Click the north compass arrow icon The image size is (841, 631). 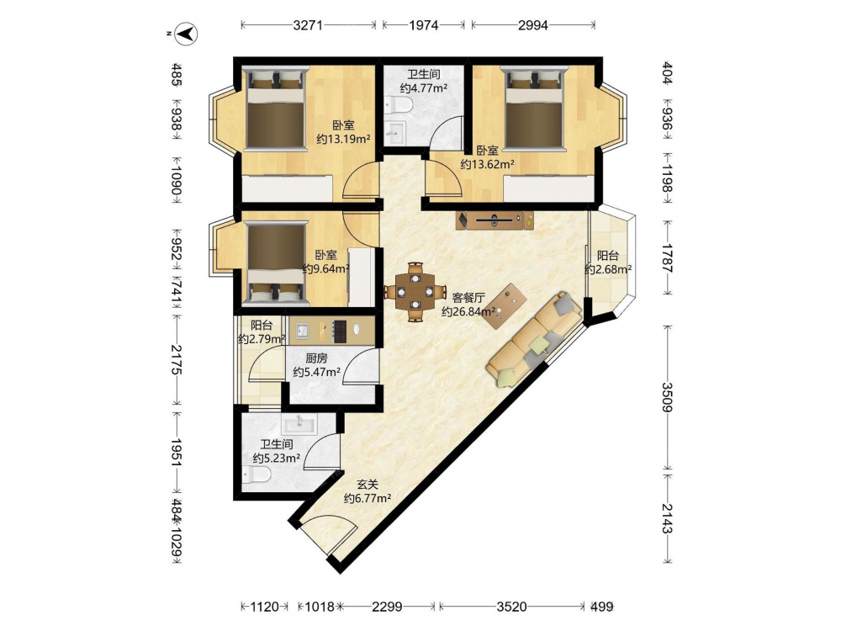[x=187, y=34]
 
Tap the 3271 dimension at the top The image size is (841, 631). [x=308, y=24]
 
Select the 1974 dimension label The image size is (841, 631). [x=424, y=24]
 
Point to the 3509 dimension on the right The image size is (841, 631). [x=667, y=396]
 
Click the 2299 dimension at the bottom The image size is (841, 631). [x=387, y=607]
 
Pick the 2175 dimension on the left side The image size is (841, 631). [x=177, y=359]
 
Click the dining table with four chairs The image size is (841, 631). [x=415, y=292]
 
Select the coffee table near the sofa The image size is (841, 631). [x=504, y=306]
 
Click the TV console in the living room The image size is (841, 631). [x=495, y=220]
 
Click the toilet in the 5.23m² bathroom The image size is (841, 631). [x=257, y=475]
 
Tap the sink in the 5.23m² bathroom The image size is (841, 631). [x=299, y=423]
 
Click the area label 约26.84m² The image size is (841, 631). [x=468, y=311]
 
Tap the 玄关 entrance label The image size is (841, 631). [x=368, y=485]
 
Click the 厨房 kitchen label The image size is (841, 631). [x=316, y=358]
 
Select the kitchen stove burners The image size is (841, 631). [x=340, y=331]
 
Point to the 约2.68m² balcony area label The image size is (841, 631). [x=608, y=269]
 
